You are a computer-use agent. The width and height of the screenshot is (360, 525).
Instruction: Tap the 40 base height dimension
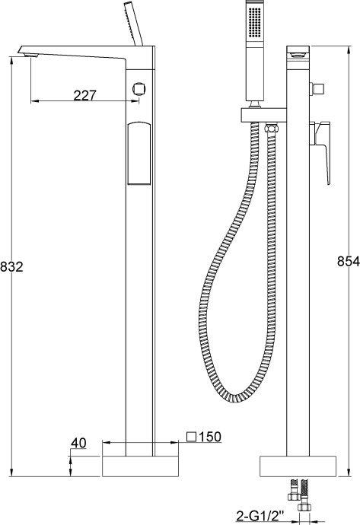coord(79,442)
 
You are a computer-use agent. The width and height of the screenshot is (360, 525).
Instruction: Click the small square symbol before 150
coord(192,437)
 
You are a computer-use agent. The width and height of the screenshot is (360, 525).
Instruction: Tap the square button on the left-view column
coord(139,87)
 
